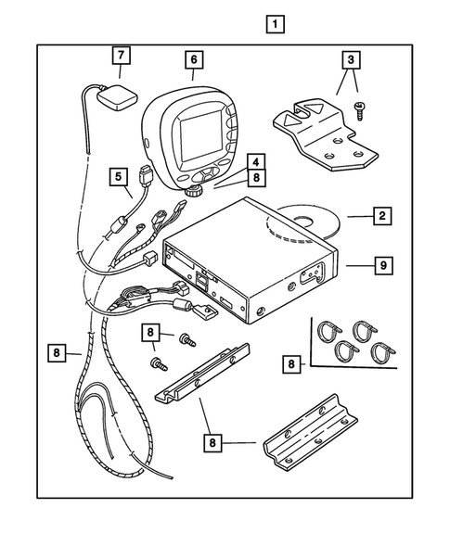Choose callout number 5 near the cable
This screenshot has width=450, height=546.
(117, 173)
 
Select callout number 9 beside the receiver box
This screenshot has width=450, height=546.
(381, 265)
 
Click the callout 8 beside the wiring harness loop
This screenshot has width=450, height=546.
(57, 352)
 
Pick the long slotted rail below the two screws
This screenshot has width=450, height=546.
(205, 381)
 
